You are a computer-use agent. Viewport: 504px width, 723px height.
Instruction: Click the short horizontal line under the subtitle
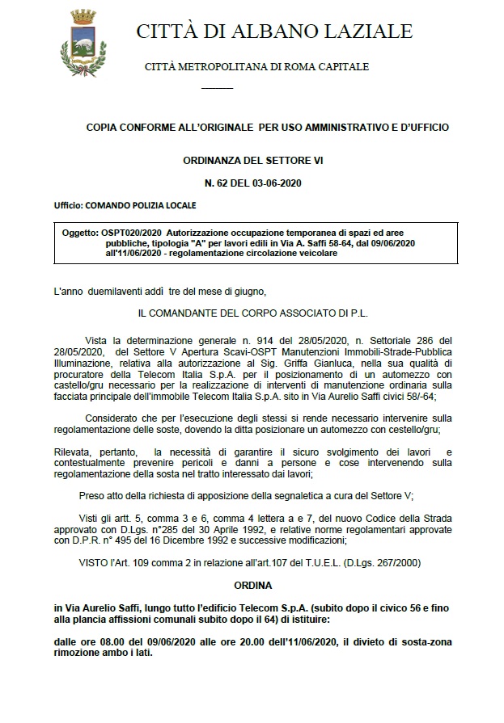(x=216, y=87)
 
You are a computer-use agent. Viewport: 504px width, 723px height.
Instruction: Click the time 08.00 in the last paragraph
(x=110, y=642)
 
